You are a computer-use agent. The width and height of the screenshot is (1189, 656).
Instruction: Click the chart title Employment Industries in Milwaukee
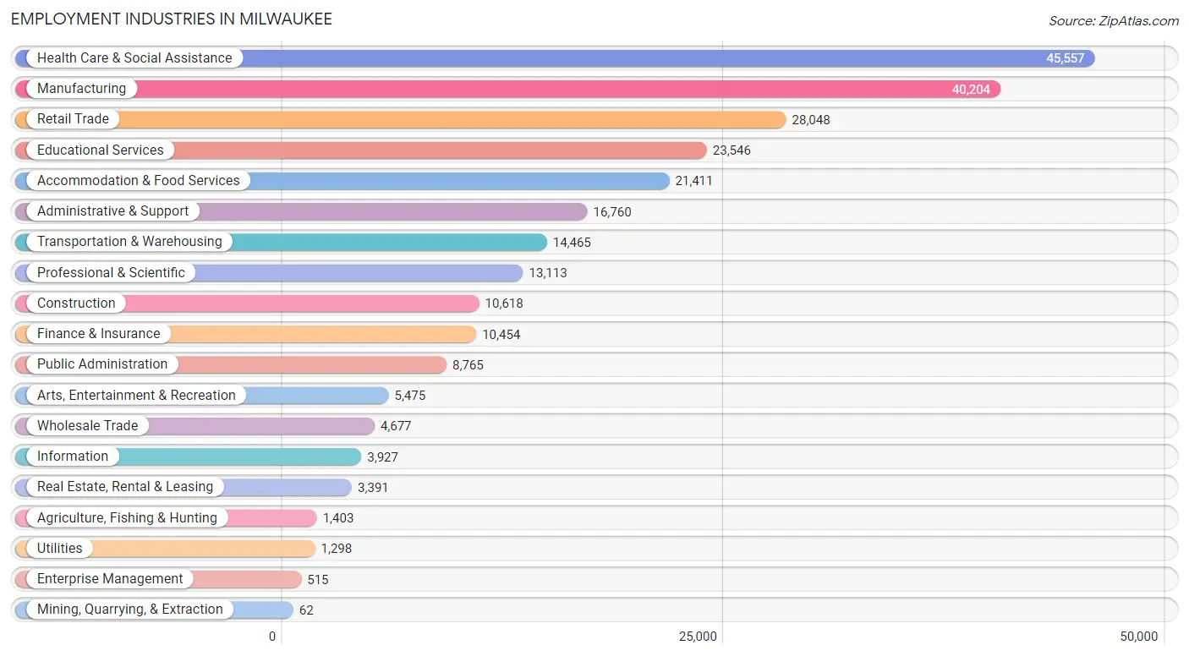[172, 19]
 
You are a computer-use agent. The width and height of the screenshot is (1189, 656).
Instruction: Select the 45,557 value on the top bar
[1065, 58]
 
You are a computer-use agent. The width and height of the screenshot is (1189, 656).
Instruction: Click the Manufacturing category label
[81, 89]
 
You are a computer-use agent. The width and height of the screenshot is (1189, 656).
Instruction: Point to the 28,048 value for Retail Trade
[811, 120]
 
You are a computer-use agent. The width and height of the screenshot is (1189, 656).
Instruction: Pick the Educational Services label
[100, 150]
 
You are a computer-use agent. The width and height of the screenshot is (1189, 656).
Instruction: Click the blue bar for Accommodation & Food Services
[457, 181]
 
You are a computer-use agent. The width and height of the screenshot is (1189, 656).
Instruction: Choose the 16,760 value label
[612, 212]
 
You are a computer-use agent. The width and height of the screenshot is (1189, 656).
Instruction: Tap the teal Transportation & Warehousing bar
[389, 242]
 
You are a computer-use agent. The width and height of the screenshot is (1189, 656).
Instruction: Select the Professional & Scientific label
[111, 273]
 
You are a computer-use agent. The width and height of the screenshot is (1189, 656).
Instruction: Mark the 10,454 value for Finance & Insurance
[501, 335]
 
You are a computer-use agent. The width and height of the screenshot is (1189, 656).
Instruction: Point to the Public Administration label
[102, 364]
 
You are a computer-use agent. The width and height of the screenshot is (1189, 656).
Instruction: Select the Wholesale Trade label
[87, 426]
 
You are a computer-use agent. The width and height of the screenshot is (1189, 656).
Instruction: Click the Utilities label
[59, 549]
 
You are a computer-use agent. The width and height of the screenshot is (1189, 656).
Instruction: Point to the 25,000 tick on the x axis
[699, 637]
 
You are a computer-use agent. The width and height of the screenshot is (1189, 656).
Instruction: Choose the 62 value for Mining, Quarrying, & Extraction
[306, 610]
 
